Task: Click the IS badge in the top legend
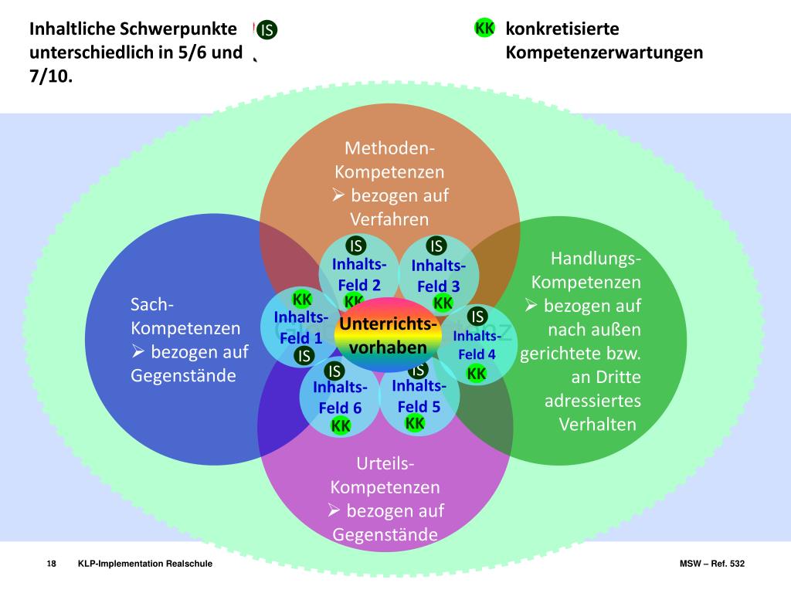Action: tap(268, 30)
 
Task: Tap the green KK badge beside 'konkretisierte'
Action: tap(485, 29)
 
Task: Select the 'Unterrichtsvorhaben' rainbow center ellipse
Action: tap(388, 335)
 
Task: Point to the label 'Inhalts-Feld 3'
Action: tap(438, 276)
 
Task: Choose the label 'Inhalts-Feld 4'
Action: tap(477, 344)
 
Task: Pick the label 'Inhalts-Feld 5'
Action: tap(419, 396)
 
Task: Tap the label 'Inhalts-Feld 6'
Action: tap(340, 398)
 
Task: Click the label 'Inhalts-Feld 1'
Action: tap(300, 327)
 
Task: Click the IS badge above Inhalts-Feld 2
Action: tap(356, 246)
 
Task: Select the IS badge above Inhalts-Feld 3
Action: tap(436, 246)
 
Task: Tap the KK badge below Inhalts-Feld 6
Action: tap(341, 425)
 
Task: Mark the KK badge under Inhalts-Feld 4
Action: tap(477, 374)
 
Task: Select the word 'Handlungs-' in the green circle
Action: tap(596, 257)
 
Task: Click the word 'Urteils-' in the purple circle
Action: tap(385, 463)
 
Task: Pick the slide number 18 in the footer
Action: tap(52, 564)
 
